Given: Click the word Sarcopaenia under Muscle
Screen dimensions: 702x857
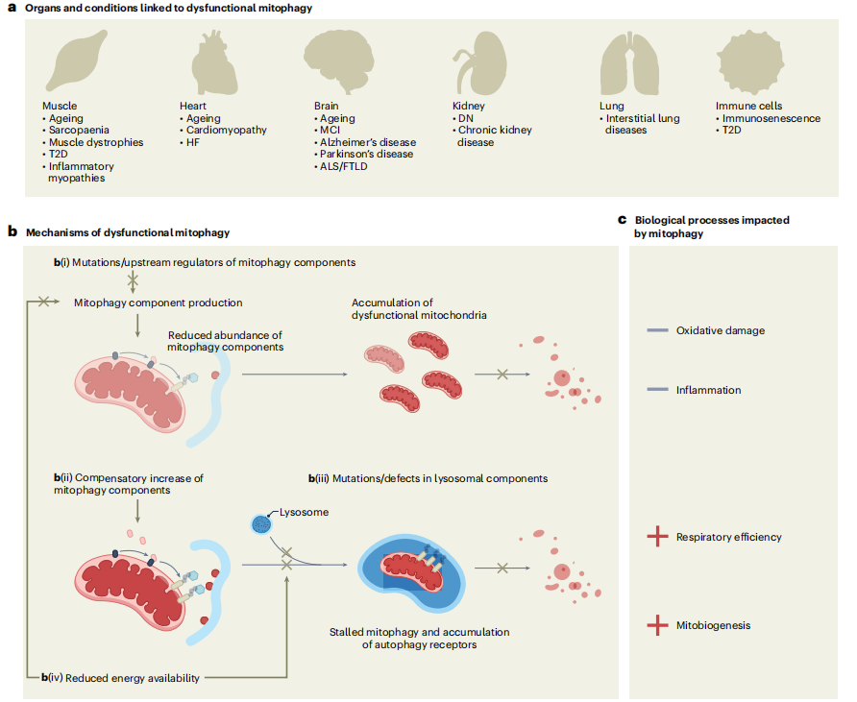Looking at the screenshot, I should (x=80, y=130).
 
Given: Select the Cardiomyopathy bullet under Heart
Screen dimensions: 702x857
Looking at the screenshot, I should (x=226, y=130).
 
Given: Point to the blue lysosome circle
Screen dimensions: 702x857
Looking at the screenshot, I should (x=260, y=524).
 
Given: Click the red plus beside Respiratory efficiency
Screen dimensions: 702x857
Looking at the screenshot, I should (x=657, y=537).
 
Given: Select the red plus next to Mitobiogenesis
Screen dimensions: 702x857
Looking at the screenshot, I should (x=657, y=625).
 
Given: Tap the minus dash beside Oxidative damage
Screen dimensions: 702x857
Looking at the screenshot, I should (x=657, y=330).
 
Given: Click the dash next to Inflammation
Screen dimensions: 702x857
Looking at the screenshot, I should (x=657, y=390).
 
